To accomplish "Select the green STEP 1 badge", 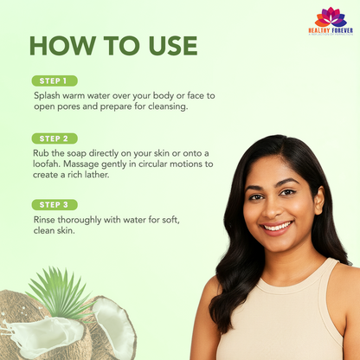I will [x=54, y=80].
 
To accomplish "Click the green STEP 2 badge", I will [x=54, y=138].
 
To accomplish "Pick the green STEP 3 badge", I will [x=54, y=204].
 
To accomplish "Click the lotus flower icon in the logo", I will [x=331, y=17].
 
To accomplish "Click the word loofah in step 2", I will [x=50, y=164].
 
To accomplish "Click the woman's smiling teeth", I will [x=277, y=226].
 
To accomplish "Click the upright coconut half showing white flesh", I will [x=114, y=329].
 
